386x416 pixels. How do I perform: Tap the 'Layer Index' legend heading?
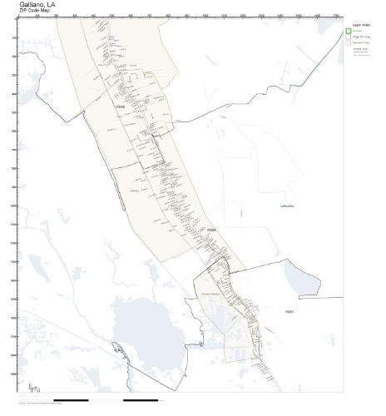(x=360, y=26)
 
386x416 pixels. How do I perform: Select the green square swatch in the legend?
(x=349, y=32)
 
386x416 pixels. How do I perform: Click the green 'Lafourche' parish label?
(x=291, y=206)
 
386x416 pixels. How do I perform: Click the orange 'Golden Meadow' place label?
(x=210, y=294)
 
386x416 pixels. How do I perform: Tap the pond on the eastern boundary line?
(x=294, y=279)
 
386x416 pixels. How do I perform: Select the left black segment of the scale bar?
(x=70, y=400)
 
